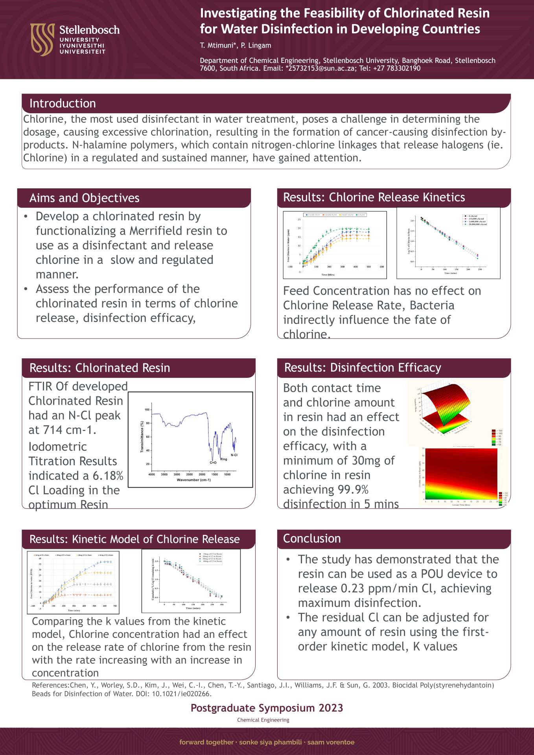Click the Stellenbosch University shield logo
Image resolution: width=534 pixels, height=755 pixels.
pyautogui.click(x=42, y=39)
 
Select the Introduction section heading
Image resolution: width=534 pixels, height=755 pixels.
pyautogui.click(x=63, y=103)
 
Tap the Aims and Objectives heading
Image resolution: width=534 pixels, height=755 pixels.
pyautogui.click(x=84, y=198)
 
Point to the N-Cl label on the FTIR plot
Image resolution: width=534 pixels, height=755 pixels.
pyautogui.click(x=234, y=455)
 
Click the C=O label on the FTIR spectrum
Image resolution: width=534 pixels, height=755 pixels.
pyautogui.click(x=213, y=463)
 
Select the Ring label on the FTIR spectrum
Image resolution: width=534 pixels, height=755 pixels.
pyautogui.click(x=223, y=459)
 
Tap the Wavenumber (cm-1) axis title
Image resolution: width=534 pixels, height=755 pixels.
pyautogui.click(x=193, y=480)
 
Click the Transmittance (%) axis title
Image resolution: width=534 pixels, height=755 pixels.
pyautogui.click(x=142, y=436)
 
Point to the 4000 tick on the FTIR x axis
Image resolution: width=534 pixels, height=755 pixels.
pyautogui.click(x=151, y=475)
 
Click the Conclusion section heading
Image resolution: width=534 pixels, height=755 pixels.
pyautogui.click(x=312, y=538)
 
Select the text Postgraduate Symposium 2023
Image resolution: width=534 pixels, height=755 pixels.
pyautogui.click(x=267, y=708)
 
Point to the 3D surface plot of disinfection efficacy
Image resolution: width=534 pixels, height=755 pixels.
pyautogui.click(x=444, y=409)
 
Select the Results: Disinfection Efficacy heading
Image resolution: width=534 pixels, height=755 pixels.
pyautogui.click(x=363, y=368)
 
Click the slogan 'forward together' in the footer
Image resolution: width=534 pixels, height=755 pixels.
pyautogui.click(x=206, y=742)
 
